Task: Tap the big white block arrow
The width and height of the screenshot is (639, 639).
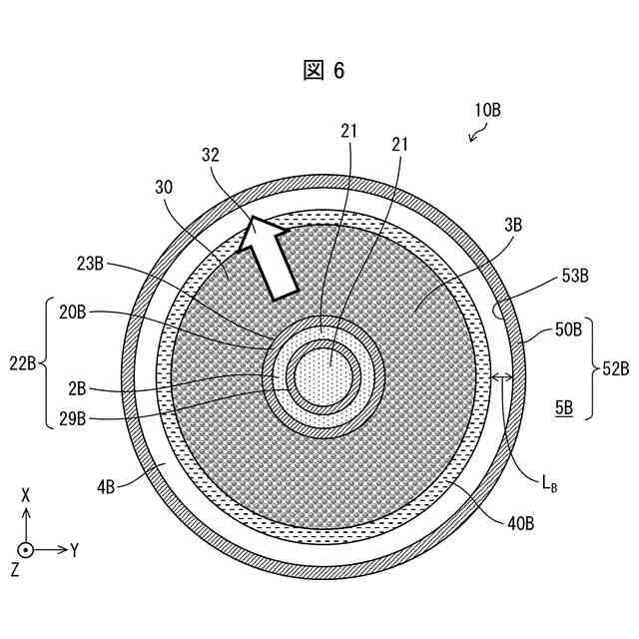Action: [273, 257]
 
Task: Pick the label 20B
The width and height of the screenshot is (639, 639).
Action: [73, 313]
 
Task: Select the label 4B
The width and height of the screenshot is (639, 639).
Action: [108, 486]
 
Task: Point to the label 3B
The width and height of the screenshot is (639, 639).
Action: [513, 226]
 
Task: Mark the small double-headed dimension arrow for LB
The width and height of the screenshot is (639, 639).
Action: [502, 377]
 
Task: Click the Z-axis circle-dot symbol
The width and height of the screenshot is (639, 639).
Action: [26, 549]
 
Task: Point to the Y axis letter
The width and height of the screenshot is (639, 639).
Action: [74, 550]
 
